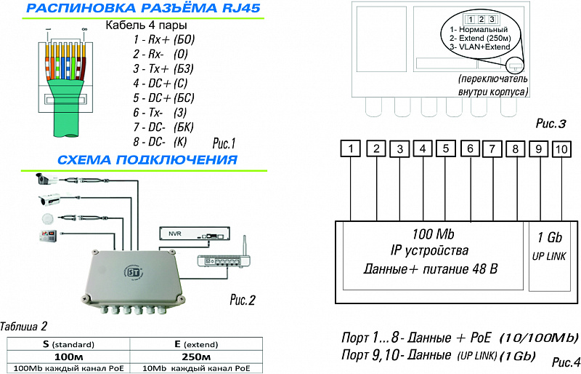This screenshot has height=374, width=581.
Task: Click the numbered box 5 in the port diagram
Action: pyautogui.click(x=446, y=148)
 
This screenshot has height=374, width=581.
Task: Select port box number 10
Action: pyautogui.click(x=561, y=149)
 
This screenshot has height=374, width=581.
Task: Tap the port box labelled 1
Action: pyautogui.click(x=351, y=148)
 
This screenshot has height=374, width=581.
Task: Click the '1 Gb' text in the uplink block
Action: pyautogui.click(x=550, y=237)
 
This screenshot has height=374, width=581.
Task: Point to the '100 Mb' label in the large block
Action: pyautogui.click(x=433, y=234)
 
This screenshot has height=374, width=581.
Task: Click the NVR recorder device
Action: pyautogui.click(x=195, y=234)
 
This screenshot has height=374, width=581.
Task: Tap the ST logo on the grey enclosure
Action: pyautogui.click(x=133, y=273)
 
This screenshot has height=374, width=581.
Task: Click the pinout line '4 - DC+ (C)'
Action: pyautogui.click(x=161, y=83)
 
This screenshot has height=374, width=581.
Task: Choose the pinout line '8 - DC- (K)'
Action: pyautogui.click(x=160, y=141)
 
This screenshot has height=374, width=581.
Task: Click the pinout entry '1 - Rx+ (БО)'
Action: pyautogui.click(x=164, y=39)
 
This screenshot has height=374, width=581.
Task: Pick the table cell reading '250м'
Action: pyautogui.click(x=196, y=357)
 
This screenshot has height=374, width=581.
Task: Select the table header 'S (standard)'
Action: pyautogui.click(x=68, y=344)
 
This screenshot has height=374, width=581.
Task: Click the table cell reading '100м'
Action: pyautogui.click(x=68, y=357)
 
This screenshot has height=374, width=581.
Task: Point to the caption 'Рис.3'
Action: pyautogui.click(x=551, y=124)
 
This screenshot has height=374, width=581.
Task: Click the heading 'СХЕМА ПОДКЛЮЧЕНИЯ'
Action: pyautogui.click(x=147, y=159)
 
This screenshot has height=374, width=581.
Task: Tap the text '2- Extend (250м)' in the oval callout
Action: pyautogui.click(x=480, y=38)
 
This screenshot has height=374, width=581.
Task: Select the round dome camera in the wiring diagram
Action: pyautogui.click(x=47, y=218)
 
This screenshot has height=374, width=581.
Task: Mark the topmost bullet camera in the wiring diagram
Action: pyautogui.click(x=46, y=179)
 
